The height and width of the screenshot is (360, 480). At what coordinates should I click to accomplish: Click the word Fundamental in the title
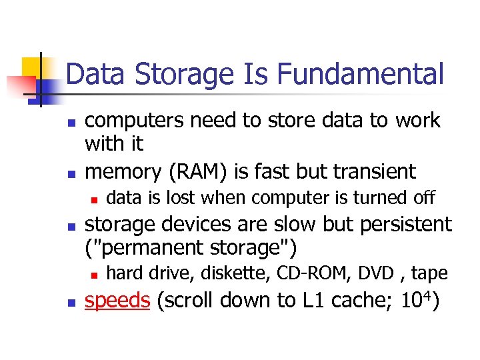360,74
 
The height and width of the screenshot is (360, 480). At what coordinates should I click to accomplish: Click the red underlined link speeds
118,301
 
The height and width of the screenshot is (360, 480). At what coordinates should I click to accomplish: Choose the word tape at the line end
429,273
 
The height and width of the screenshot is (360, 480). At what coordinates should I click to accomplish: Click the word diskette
241,273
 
